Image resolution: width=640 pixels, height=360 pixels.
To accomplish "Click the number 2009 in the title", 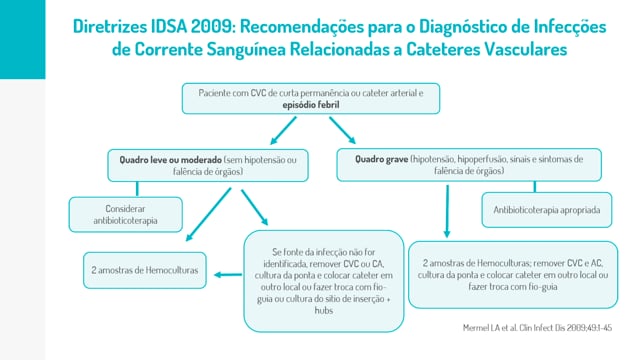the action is [212, 27].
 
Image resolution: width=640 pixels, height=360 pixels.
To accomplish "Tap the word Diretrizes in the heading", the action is [110, 27].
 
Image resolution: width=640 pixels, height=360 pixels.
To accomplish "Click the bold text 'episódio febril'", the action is [311, 105].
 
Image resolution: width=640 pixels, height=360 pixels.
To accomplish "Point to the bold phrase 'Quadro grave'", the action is [382, 159].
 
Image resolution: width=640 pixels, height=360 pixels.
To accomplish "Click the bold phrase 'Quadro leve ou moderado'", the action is [171, 160].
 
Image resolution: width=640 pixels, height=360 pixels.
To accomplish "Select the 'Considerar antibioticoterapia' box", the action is [126, 215].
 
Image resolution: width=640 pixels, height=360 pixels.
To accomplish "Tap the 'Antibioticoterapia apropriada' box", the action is [547, 210].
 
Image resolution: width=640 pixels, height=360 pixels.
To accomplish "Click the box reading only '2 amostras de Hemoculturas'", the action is [145, 270].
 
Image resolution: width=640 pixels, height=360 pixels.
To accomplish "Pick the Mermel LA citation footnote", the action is [538, 327].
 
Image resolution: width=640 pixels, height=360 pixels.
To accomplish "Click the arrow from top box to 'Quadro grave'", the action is [342, 130].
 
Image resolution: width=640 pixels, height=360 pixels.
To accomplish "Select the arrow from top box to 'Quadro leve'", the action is [283, 131].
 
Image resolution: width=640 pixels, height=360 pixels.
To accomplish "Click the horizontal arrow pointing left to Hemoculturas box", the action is [228, 275].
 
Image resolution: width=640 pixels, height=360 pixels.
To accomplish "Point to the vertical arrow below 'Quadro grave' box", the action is [447, 211].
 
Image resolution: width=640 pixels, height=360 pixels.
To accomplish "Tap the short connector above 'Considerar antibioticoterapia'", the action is [137, 189].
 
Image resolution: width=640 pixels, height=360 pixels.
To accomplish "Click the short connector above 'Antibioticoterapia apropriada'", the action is [535, 187].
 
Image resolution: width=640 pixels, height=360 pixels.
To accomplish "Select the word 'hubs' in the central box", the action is [324, 310].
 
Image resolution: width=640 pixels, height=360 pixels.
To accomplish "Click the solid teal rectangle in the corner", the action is [22, 39].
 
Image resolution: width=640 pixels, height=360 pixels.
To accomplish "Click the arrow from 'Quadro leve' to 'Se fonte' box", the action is [255, 207].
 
